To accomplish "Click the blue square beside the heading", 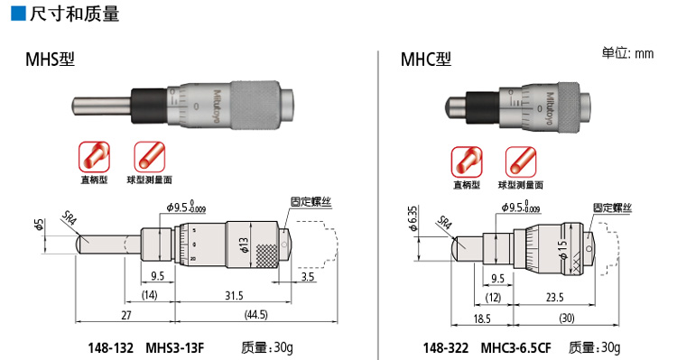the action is pyautogui.click(x=19, y=13).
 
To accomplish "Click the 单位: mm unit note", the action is pyautogui.click(x=627, y=53).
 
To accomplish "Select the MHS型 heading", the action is pyautogui.click(x=50, y=60).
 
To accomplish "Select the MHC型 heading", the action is pyautogui.click(x=426, y=60).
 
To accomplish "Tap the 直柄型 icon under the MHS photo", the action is pyautogui.click(x=94, y=157).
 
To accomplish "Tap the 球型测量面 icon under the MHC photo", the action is pyautogui.click(x=521, y=162).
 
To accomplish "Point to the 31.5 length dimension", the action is pyautogui.click(x=234, y=296).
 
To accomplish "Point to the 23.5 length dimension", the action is pyautogui.click(x=555, y=298).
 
